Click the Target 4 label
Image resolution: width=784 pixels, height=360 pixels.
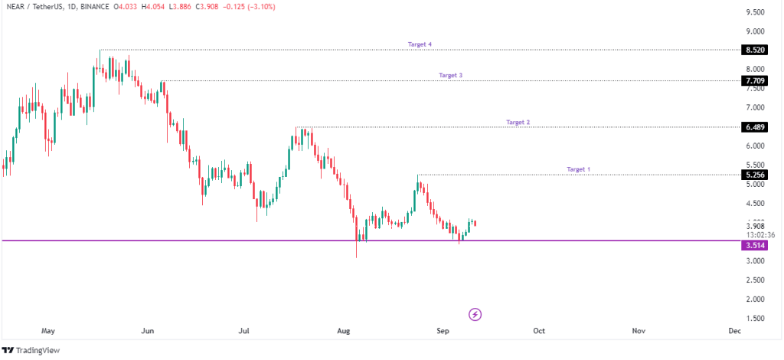click(x=420, y=44)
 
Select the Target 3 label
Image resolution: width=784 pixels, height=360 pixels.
click(x=450, y=75)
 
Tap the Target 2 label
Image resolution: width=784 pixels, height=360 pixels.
click(x=518, y=122)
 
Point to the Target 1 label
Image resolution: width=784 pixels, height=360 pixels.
click(x=578, y=169)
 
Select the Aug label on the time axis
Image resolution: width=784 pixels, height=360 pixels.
click(x=344, y=331)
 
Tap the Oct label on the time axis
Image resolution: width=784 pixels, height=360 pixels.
click(x=539, y=331)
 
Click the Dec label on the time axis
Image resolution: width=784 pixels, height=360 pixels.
click(x=734, y=331)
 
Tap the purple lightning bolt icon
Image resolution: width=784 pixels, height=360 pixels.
click(x=475, y=314)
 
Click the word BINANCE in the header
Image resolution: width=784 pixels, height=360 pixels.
click(x=97, y=7)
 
